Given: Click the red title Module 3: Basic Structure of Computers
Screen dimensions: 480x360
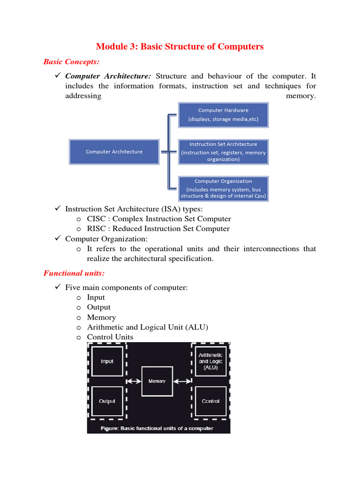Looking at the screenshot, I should [x=180, y=46].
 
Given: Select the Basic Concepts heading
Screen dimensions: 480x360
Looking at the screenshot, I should [x=71, y=61].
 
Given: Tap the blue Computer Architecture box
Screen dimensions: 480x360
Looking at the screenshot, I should [x=114, y=152].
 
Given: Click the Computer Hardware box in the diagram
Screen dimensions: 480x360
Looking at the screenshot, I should [x=223, y=115].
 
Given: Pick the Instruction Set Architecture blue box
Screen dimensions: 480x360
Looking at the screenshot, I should [x=223, y=151].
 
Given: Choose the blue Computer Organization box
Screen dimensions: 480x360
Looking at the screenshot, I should [x=223, y=188].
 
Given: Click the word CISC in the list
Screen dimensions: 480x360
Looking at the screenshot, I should [x=96, y=219].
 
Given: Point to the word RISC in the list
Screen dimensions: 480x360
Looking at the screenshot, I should [x=96, y=229].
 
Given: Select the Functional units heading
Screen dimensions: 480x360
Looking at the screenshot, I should [x=74, y=272].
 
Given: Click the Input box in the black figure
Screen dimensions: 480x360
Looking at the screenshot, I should [x=107, y=361].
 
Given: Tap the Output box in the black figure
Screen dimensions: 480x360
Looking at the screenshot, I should [x=107, y=401].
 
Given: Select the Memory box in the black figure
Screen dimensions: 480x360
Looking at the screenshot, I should [x=157, y=381].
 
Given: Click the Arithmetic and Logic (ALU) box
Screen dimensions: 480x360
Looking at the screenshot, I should [x=210, y=361].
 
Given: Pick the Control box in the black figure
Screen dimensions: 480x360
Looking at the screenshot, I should [x=210, y=401].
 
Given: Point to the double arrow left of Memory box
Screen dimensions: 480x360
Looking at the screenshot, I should [x=134, y=381].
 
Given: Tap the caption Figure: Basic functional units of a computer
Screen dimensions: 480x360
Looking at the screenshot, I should [x=157, y=428].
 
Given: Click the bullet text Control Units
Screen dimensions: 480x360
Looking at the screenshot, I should [x=110, y=337].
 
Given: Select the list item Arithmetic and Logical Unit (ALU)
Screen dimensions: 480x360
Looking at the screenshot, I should [x=148, y=327].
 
